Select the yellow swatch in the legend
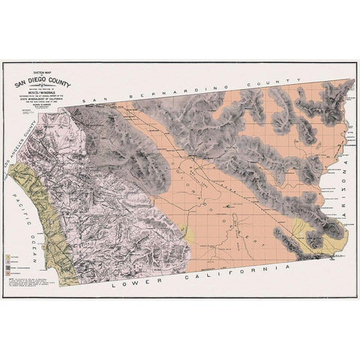9,256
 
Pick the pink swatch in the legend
9,262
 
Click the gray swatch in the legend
9,268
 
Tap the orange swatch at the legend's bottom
9,274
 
